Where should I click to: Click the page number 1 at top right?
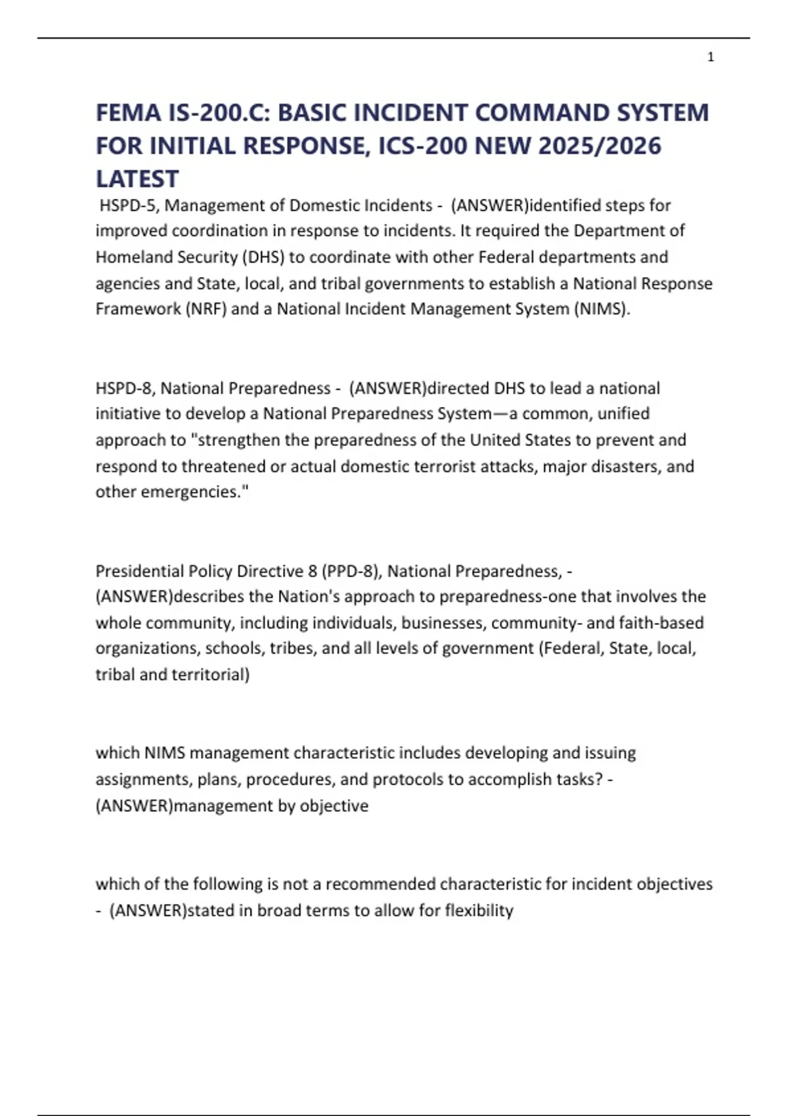[711, 57]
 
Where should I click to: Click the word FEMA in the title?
[128, 113]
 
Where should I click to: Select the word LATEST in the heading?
[137, 179]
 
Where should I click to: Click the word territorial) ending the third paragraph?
[211, 675]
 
